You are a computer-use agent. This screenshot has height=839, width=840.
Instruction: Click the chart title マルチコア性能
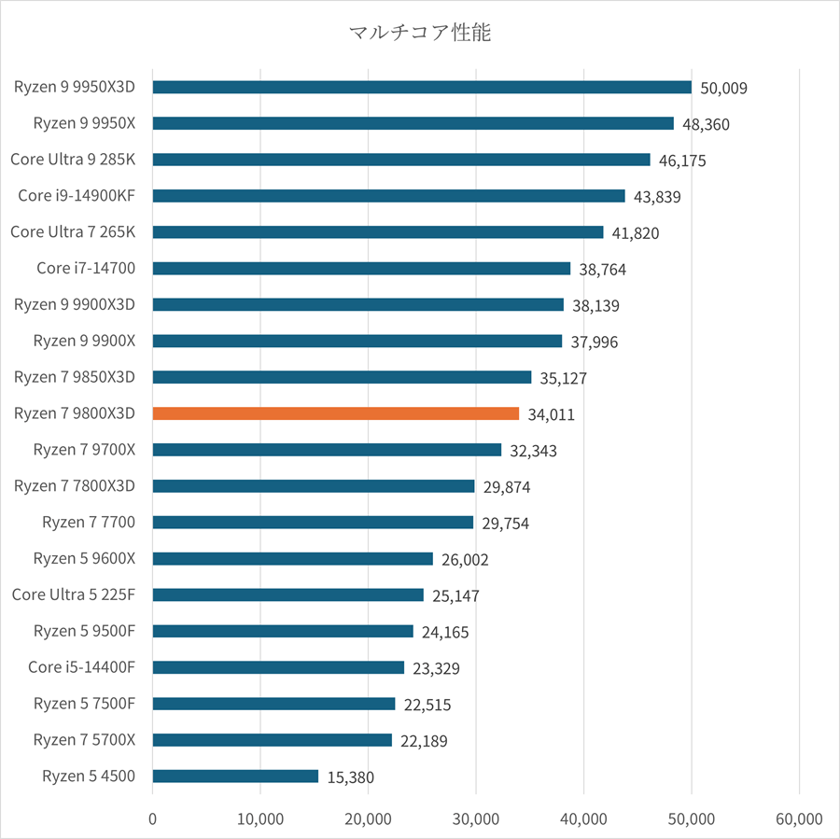click(419, 34)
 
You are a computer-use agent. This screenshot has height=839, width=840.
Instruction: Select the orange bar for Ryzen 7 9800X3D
click(335, 413)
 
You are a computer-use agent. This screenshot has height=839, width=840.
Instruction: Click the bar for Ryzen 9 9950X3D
click(422, 87)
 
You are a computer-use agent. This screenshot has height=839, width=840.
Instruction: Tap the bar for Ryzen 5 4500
click(235, 776)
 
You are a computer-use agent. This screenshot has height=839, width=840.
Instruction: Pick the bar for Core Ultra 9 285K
click(401, 160)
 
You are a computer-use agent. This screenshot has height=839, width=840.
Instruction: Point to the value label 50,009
click(723, 88)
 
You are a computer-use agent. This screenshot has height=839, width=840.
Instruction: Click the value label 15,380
click(351, 776)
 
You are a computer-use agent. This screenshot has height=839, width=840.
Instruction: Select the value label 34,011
click(551, 414)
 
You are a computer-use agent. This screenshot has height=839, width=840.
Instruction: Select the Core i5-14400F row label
click(81, 666)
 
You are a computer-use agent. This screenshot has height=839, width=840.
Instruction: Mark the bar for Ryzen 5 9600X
click(292, 558)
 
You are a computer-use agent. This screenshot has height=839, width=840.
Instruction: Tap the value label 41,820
click(635, 233)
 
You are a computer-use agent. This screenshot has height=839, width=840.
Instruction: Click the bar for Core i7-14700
click(361, 268)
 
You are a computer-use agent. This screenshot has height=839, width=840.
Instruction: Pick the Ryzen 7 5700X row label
click(84, 739)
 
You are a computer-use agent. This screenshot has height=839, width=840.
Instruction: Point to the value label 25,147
click(455, 595)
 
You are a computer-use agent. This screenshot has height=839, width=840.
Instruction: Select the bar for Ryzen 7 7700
click(313, 522)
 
